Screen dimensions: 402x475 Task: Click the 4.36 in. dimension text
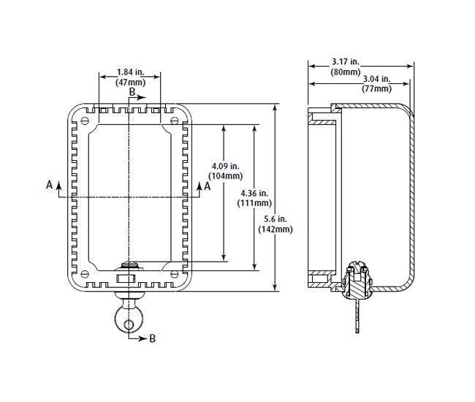tap(254, 193)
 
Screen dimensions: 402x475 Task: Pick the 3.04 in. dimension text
tap(376, 79)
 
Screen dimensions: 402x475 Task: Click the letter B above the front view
tap(132, 93)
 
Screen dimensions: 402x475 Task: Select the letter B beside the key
tap(152, 338)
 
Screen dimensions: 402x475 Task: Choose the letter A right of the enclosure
tap(208, 186)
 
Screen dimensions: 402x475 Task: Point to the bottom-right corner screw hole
tap(173, 275)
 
